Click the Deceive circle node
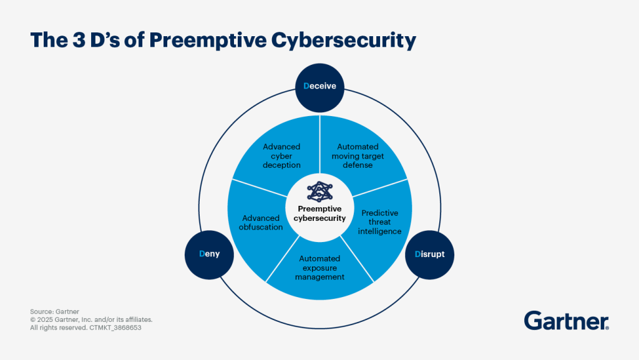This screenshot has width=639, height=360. click(x=319, y=86)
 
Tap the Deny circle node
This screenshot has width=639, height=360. click(x=209, y=254)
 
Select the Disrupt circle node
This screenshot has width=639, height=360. click(x=429, y=254)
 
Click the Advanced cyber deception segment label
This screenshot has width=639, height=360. click(x=281, y=156)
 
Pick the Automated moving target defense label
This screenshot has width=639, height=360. click(x=358, y=156)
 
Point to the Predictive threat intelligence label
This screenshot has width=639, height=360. click(x=379, y=222)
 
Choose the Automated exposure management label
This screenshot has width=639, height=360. click(x=319, y=268)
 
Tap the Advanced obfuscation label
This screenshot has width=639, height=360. click(x=261, y=223)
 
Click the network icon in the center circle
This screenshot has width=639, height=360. click(x=319, y=190)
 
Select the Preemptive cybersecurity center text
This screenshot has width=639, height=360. click(x=319, y=213)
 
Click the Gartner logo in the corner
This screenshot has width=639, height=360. click(x=566, y=321)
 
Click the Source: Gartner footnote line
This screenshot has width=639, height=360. click(x=54, y=311)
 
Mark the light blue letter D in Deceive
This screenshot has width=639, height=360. click(x=306, y=86)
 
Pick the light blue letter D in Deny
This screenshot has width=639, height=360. click(x=201, y=254)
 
